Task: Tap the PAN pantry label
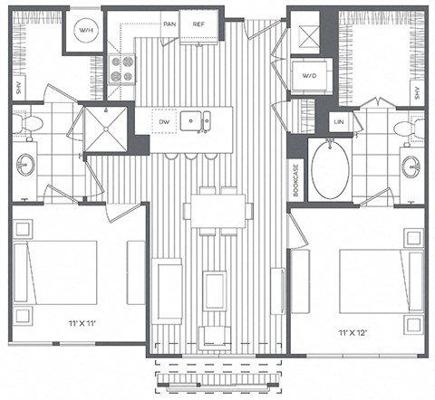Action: [169, 24]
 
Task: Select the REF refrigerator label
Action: [198, 24]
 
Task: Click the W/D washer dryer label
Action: [309, 75]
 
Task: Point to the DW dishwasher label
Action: [164, 120]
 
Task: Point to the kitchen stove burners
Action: [121, 70]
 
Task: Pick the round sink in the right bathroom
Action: [414, 167]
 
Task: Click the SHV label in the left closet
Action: [17, 88]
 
